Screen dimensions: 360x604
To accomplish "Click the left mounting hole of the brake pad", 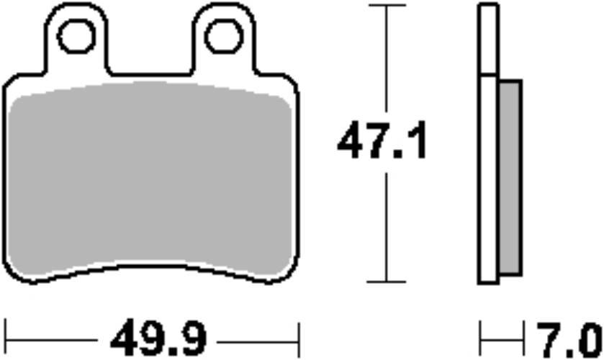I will point(76,35).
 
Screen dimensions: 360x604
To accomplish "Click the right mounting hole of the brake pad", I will point(224,35).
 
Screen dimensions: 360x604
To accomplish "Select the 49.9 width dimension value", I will point(158,336).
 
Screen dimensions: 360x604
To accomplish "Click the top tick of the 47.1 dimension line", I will point(387,6).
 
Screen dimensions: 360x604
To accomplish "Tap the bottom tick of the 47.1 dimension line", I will point(387,282).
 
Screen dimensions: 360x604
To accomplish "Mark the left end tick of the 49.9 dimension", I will point(6,336).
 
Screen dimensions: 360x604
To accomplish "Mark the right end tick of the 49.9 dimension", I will point(297,336).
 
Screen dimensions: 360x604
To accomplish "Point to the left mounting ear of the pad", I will point(76,40).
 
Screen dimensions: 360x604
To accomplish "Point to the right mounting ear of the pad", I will point(224,40).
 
